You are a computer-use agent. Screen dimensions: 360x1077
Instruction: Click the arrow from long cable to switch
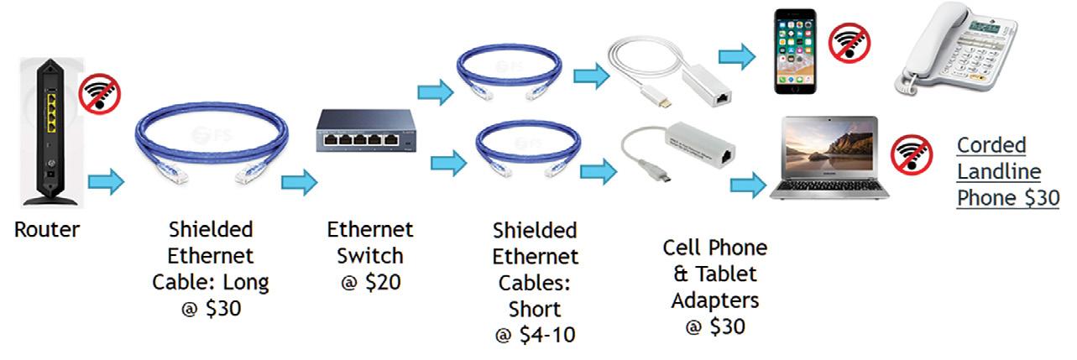[x=299, y=181]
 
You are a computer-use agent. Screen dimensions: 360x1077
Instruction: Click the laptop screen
[x=829, y=151]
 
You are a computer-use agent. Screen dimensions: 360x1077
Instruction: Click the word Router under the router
[x=48, y=229]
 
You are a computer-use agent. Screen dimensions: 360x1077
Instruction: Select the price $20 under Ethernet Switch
[x=384, y=281]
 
